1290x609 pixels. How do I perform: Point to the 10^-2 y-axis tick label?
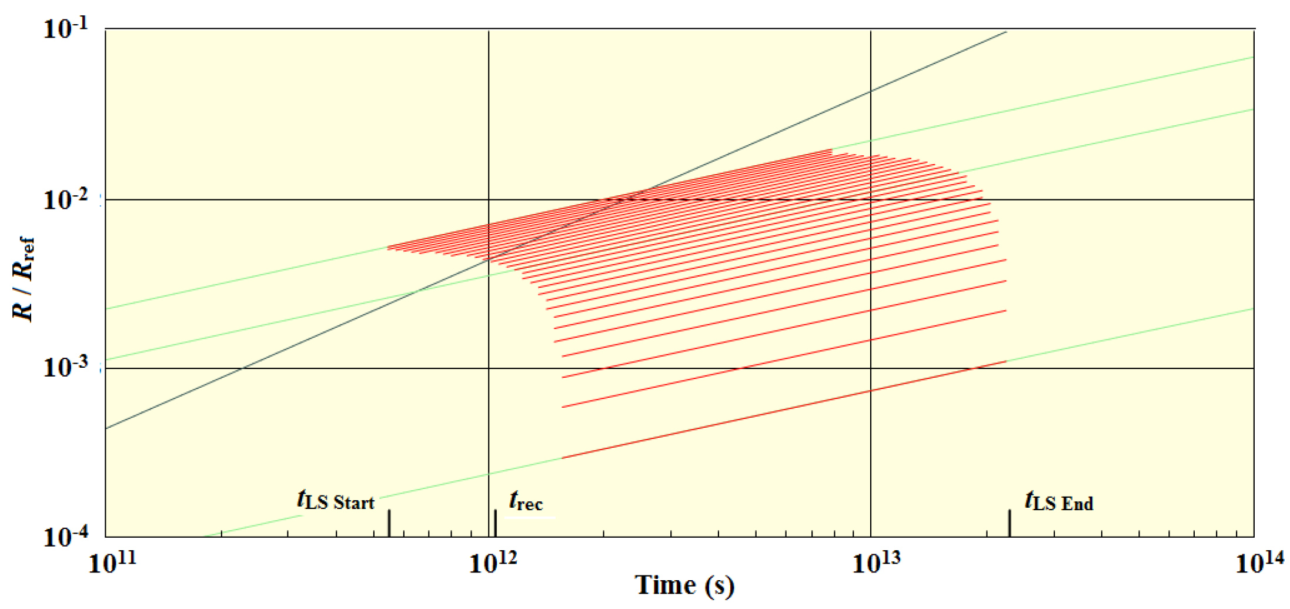click(66, 200)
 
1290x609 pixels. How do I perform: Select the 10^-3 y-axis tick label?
click(66, 367)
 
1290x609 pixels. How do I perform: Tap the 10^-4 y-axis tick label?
click(66, 536)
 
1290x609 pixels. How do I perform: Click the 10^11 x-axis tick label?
click(112, 563)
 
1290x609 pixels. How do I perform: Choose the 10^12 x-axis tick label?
click(493, 563)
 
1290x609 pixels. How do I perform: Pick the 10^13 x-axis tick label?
click(876, 563)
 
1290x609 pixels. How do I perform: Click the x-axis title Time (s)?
click(685, 586)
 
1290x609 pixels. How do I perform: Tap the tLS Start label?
click(336, 501)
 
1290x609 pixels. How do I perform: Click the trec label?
click(526, 501)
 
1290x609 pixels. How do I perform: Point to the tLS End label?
click(1059, 501)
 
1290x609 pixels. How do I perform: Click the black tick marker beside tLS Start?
click(389, 523)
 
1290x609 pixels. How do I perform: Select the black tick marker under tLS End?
click(1010, 523)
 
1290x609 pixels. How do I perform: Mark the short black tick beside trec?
click(496, 523)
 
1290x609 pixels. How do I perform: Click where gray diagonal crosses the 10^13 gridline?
click(871, 91)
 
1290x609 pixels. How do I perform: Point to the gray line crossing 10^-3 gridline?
click(242, 368)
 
